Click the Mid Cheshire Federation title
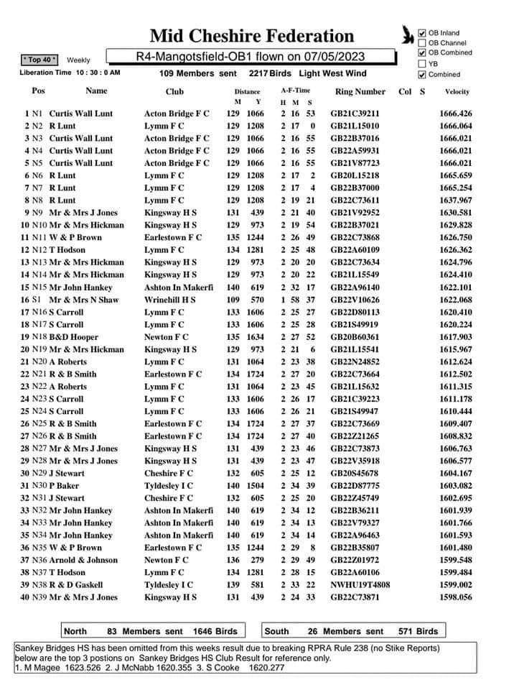(x=252, y=36)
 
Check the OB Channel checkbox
(x=422, y=43)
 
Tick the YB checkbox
(x=422, y=63)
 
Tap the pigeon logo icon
(x=408, y=33)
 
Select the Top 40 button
(x=41, y=60)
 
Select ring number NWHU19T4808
(x=360, y=585)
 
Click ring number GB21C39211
(x=355, y=114)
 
